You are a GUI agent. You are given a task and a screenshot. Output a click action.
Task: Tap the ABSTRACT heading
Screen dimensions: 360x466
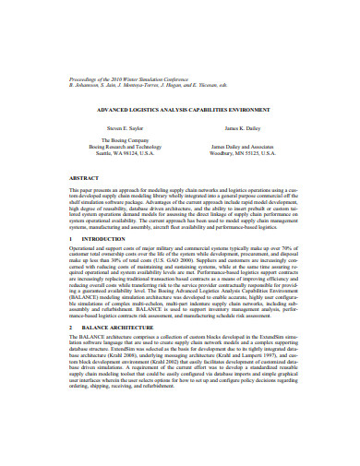click(x=85, y=177)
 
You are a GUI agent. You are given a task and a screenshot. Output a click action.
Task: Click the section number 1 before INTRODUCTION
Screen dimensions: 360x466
click(x=72, y=239)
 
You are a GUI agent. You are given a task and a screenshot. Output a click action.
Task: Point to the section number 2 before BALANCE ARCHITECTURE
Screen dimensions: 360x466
click(x=72, y=328)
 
